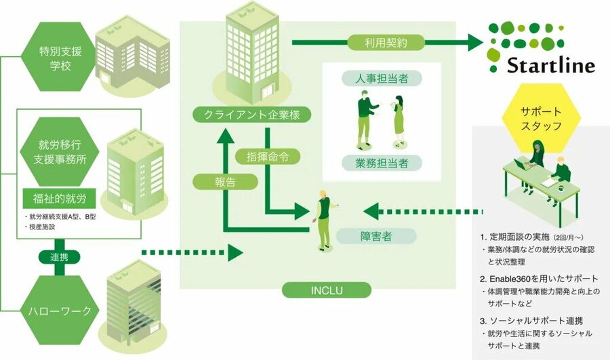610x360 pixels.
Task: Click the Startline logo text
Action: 550,66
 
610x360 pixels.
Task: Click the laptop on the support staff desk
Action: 521,163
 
